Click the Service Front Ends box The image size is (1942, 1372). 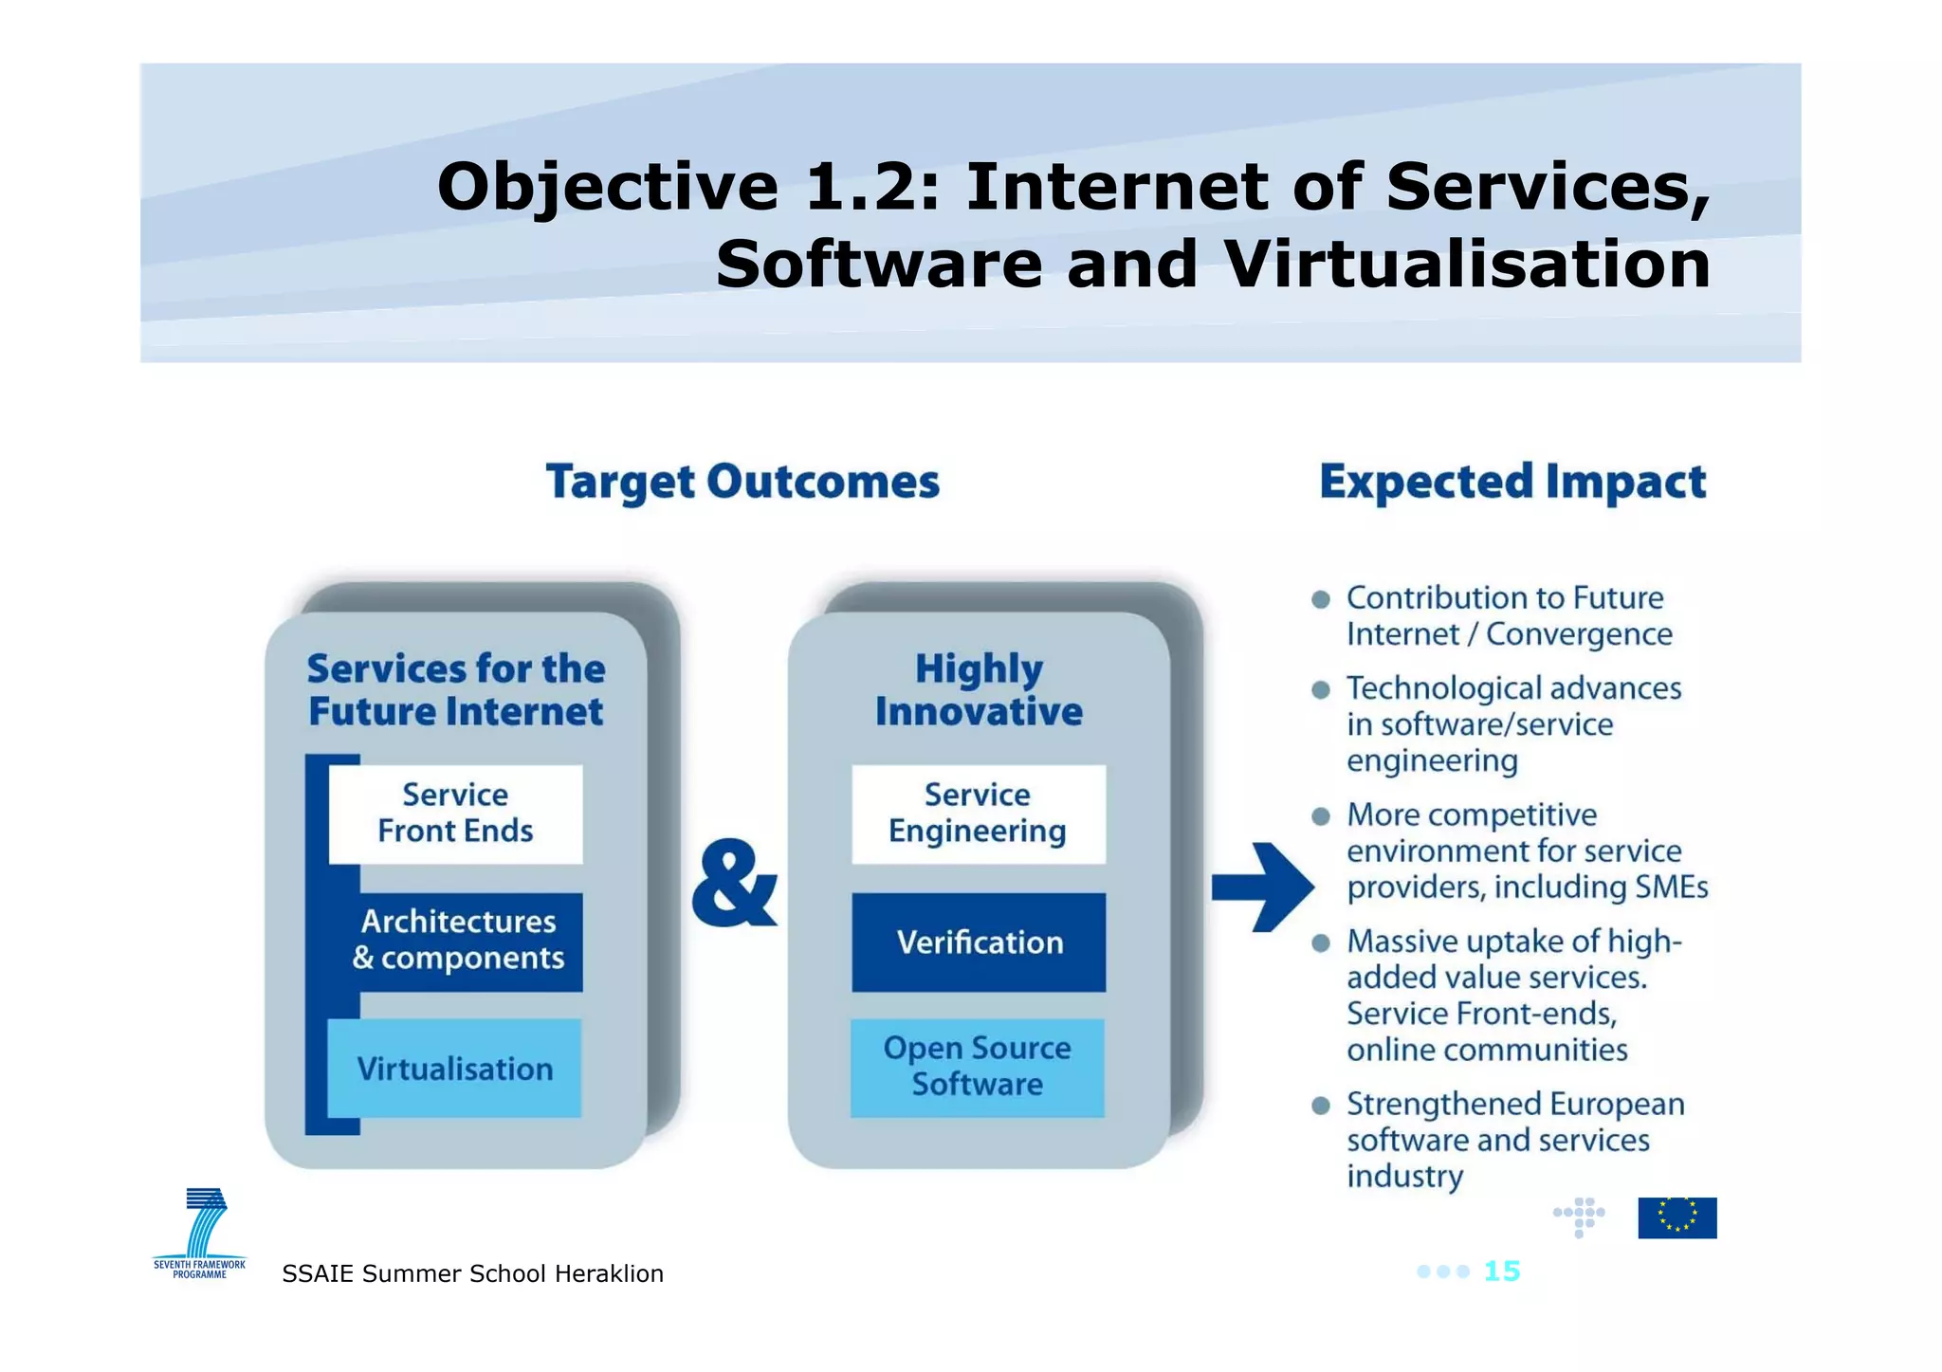[455, 814]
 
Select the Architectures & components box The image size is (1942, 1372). [458, 941]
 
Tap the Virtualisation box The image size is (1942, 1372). [454, 1069]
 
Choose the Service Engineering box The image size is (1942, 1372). [978, 814]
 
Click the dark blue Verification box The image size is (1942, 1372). [979, 942]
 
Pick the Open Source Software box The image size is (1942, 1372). [977, 1067]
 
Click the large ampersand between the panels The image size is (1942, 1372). [733, 884]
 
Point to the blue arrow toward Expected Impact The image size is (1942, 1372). [1261, 887]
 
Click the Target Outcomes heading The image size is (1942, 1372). [742, 482]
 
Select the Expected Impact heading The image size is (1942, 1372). [1512, 482]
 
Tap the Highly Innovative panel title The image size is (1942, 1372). [979, 689]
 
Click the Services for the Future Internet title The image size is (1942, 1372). [456, 689]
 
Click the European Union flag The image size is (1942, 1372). [1676, 1217]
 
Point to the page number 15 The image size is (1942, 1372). [1501, 1271]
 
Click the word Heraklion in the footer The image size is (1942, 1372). [609, 1273]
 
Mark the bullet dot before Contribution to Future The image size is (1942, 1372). [1320, 599]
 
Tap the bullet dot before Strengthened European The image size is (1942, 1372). [1320, 1106]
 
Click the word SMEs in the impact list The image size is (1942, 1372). [1671, 887]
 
